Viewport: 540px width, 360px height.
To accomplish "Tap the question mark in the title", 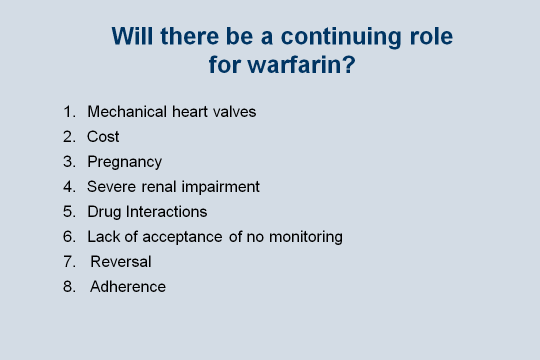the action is click(348, 64).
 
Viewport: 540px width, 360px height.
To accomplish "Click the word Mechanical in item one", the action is click(127, 111).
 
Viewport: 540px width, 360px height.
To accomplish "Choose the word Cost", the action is click(103, 137).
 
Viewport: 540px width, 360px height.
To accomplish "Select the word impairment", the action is click(220, 187).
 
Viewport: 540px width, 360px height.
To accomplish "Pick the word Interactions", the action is click(166, 211).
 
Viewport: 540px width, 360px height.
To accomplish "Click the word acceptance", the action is click(182, 237).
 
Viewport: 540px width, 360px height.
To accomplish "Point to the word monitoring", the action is click(306, 237).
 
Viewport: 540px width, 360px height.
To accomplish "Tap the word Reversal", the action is click(121, 262).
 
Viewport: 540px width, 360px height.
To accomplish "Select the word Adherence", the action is click(128, 286).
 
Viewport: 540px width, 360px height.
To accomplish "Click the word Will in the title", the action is click(132, 36).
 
